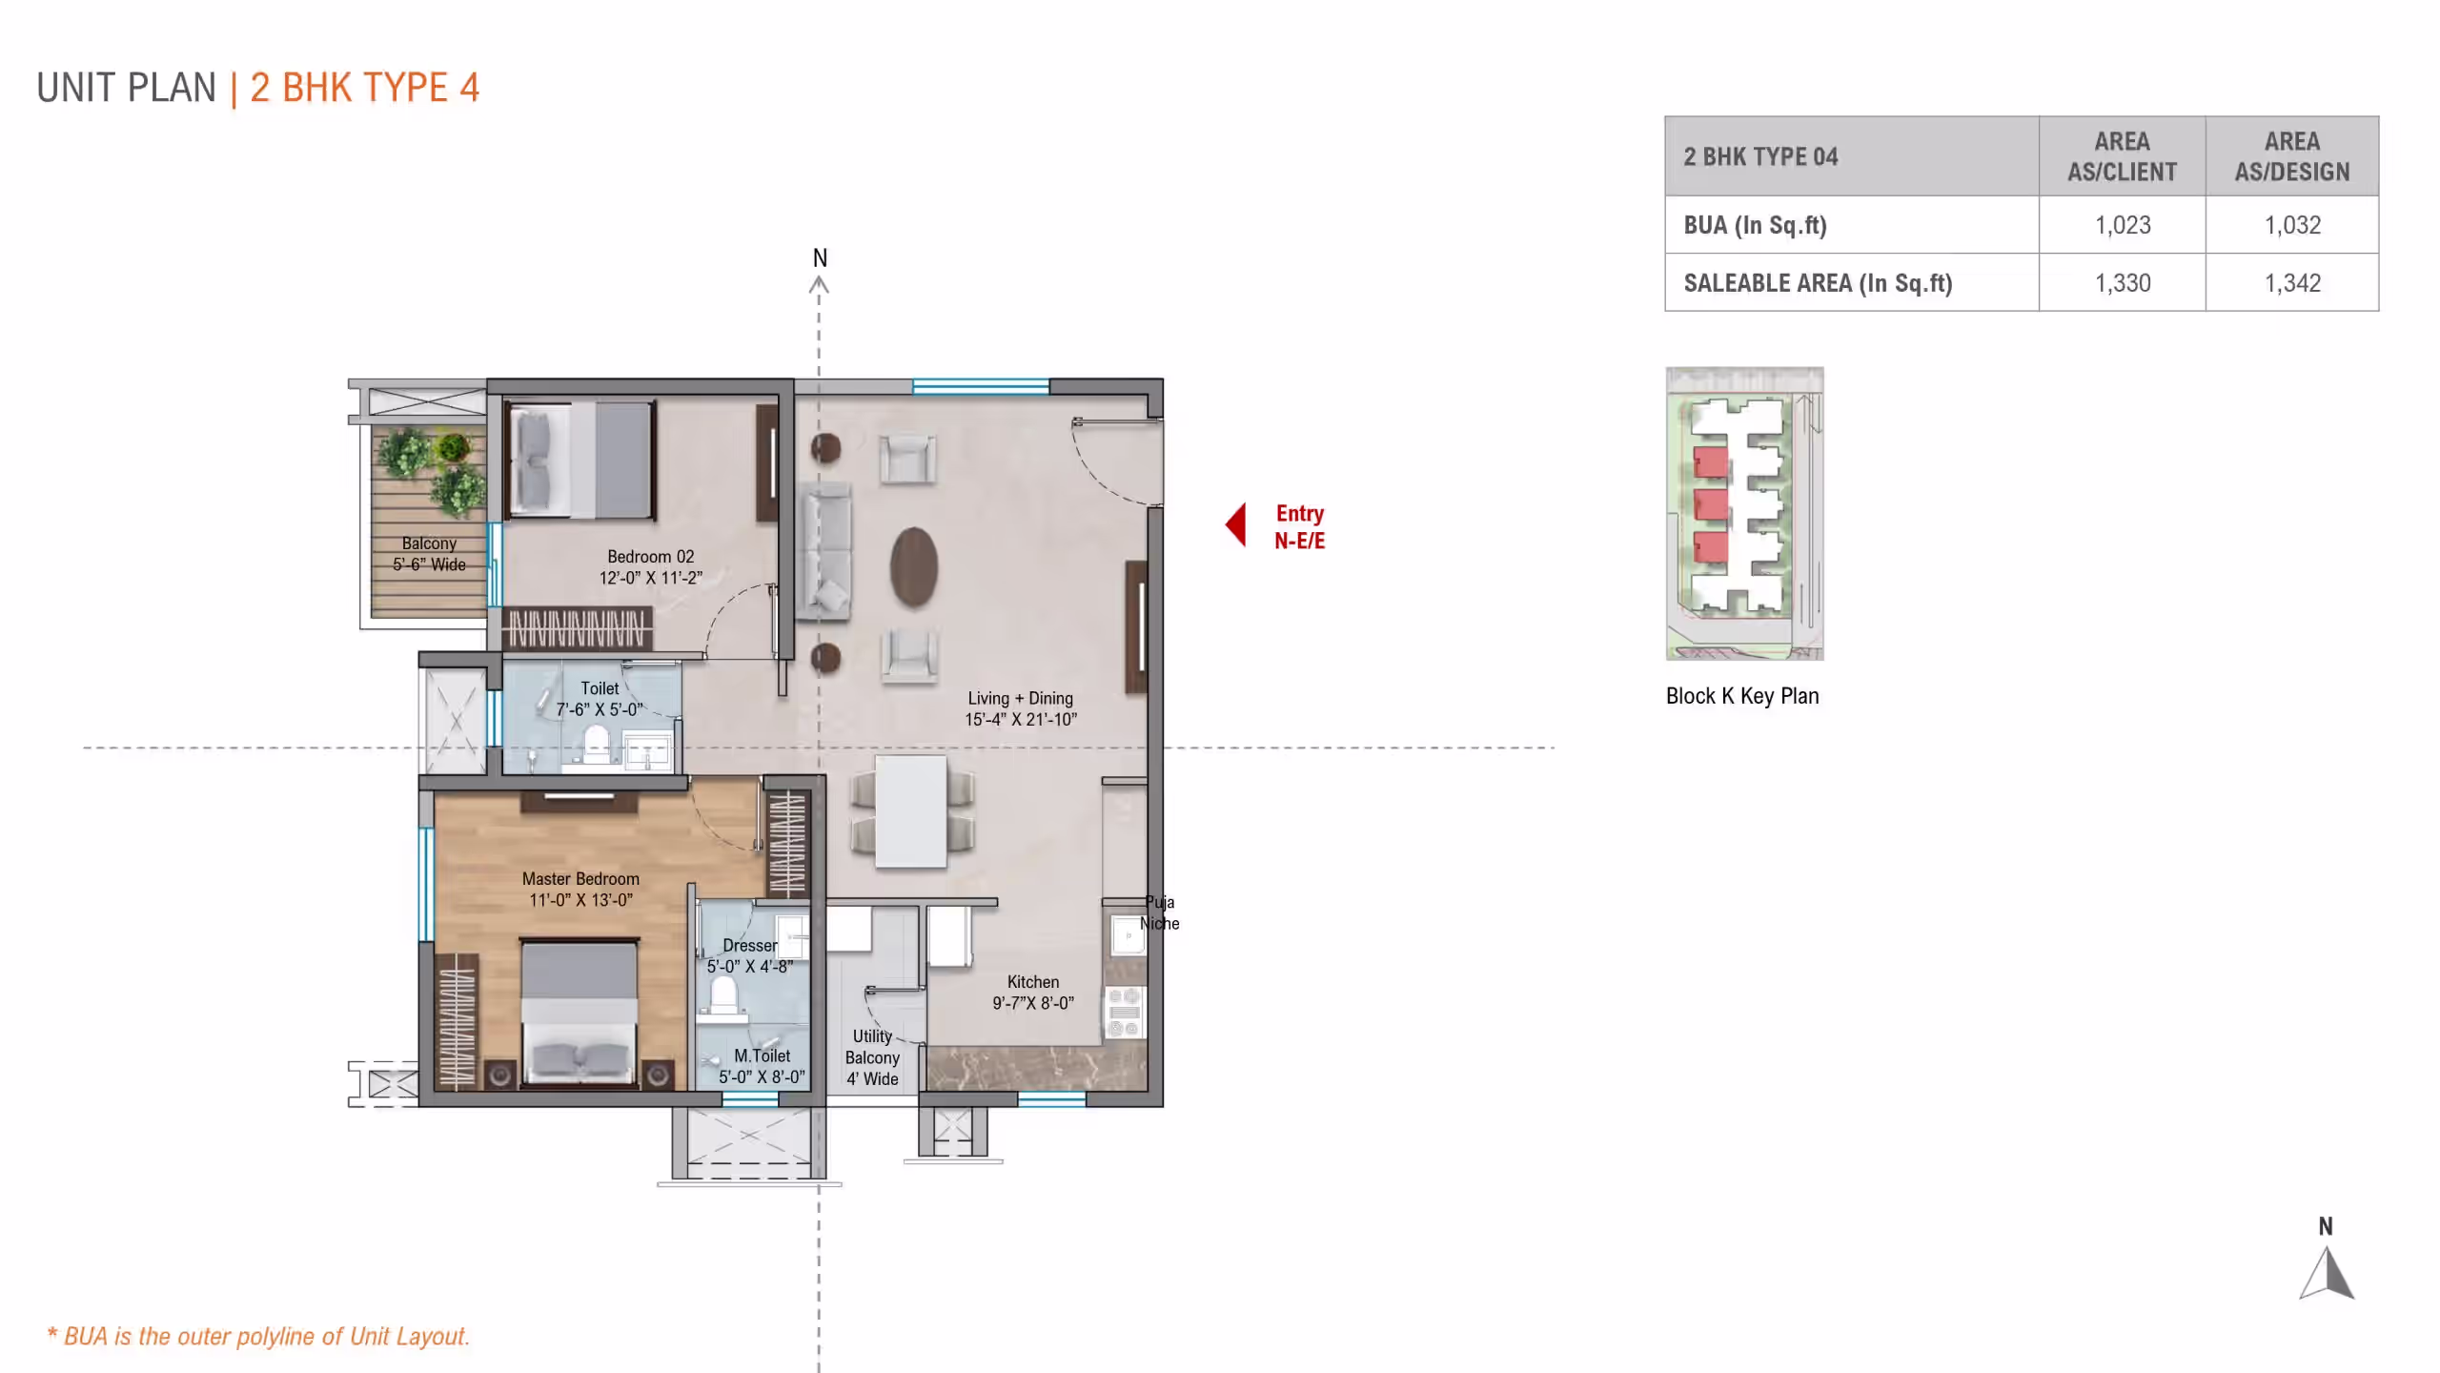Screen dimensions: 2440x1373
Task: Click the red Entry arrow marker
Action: click(x=1236, y=524)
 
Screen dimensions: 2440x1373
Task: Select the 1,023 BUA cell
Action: click(x=2123, y=225)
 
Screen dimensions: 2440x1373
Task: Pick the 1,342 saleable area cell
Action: click(x=2292, y=283)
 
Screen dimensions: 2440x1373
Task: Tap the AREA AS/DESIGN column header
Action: click(x=2292, y=156)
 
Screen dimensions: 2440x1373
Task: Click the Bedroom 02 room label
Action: click(x=651, y=567)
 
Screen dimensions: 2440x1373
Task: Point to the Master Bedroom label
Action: click(x=580, y=890)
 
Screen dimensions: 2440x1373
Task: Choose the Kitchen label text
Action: click(x=1033, y=982)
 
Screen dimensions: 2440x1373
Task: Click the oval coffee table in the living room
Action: click(x=914, y=567)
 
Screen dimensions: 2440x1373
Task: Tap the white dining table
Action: click(x=911, y=811)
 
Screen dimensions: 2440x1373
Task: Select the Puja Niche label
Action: click(x=1160, y=912)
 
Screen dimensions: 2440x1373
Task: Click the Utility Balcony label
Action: click(x=872, y=1057)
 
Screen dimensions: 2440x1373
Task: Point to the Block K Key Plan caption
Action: click(x=1742, y=696)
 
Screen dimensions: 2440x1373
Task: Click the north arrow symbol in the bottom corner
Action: click(x=2327, y=1273)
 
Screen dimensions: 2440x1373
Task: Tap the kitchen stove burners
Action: click(x=1125, y=1013)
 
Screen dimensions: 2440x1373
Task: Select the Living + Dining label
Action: click(x=1021, y=709)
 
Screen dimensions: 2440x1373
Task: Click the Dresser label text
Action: click(x=750, y=946)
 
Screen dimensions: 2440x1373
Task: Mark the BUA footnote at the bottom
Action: click(x=258, y=1336)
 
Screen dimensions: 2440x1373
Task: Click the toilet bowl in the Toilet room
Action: click(x=597, y=744)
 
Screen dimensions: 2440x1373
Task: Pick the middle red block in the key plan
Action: click(x=1711, y=504)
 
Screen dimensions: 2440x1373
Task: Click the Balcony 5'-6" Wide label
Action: click(x=429, y=554)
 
